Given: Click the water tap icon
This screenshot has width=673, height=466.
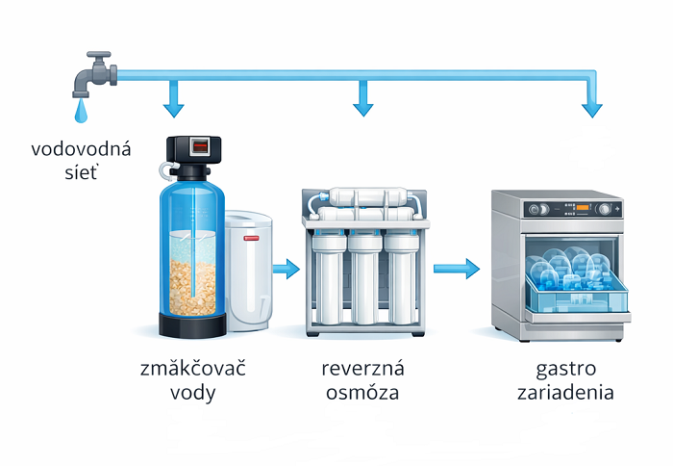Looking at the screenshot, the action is pyautogui.click(x=94, y=74).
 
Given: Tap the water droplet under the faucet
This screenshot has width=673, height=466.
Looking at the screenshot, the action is pyautogui.click(x=81, y=112).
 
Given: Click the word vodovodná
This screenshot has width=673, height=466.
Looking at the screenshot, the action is pyautogui.click(x=81, y=149).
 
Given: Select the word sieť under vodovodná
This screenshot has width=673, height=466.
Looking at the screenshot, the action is pyautogui.click(x=81, y=172).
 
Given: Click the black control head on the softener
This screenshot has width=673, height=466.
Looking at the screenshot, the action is pyautogui.click(x=193, y=157).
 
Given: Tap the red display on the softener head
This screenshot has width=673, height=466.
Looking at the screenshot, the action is pyautogui.click(x=200, y=147).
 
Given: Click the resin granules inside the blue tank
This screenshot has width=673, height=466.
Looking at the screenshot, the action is pyautogui.click(x=192, y=287).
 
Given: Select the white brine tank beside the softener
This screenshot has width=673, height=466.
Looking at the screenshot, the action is pyautogui.click(x=248, y=271).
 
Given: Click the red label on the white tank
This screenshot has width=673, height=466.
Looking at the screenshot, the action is pyautogui.click(x=251, y=238).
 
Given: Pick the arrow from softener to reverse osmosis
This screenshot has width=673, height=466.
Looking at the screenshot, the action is pyautogui.click(x=287, y=270).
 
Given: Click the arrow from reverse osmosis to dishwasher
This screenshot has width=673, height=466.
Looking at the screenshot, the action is pyautogui.click(x=457, y=270).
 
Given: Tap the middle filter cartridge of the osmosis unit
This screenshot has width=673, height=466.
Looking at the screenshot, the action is pyautogui.click(x=364, y=279).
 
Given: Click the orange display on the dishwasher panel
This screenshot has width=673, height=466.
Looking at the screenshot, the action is pyautogui.click(x=583, y=208).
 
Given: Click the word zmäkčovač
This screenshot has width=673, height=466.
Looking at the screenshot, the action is pyautogui.click(x=193, y=369).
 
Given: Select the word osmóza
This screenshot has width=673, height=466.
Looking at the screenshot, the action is pyautogui.click(x=362, y=393).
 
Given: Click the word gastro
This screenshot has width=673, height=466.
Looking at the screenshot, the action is pyautogui.click(x=565, y=370).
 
